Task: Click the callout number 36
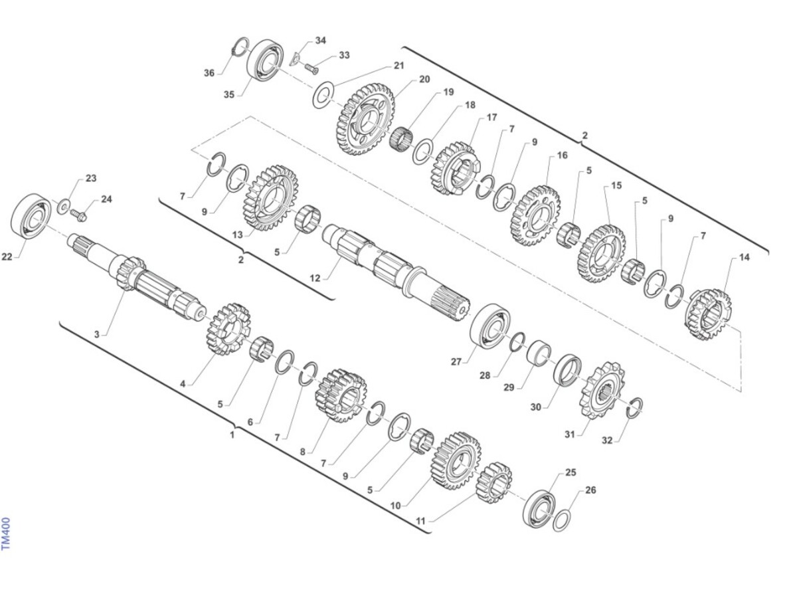click(209, 73)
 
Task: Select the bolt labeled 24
click(78, 215)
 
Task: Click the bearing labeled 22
click(31, 216)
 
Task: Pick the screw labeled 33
click(311, 68)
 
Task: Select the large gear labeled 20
click(366, 119)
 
